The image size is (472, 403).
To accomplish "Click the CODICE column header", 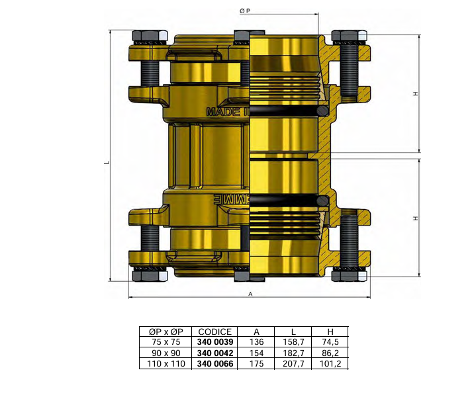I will coord(215,332).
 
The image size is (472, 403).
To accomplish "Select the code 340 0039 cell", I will coord(215,342).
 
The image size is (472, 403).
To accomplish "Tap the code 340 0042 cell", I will coord(215,353).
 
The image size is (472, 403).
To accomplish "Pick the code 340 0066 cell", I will coord(215,363).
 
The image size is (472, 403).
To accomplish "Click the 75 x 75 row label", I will coord(165,342).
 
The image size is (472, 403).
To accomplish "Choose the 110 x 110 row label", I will coord(165,363).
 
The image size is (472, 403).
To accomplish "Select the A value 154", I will coord(257,353).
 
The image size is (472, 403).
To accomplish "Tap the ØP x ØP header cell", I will coord(165,332).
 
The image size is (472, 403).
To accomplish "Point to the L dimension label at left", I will coord(106,163).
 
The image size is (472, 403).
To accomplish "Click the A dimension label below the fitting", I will coord(250,293).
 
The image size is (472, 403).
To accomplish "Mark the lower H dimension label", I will coord(415,218).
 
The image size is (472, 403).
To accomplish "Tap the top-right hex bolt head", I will coord(349,36).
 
